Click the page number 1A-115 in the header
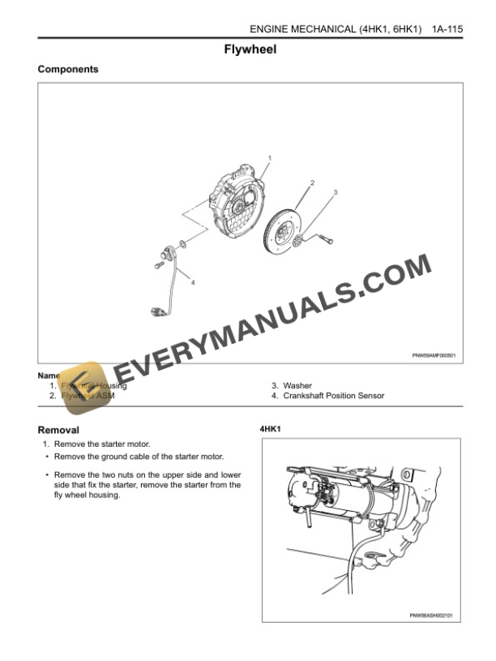(447, 29)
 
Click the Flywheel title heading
(250, 49)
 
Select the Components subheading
(68, 70)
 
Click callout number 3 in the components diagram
(336, 192)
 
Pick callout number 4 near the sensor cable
(193, 282)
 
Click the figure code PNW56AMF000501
(434, 354)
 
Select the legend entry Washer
(297, 386)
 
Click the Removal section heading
(58, 430)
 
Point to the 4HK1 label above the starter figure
(271, 428)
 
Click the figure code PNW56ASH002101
(430, 615)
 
